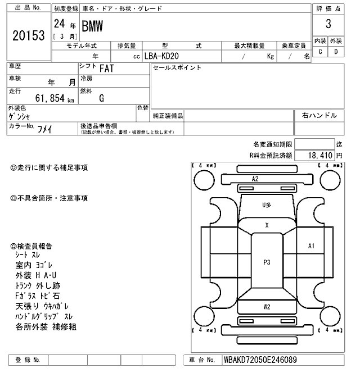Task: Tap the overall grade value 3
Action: pyautogui.click(x=328, y=24)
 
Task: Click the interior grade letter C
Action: pyautogui.click(x=321, y=52)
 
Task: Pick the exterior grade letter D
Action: pyautogui.click(x=336, y=52)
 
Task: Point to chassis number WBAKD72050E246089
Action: pyautogui.click(x=260, y=360)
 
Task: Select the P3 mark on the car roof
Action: pyautogui.click(x=267, y=262)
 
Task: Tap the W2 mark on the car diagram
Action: pyautogui.click(x=267, y=306)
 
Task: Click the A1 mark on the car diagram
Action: pyautogui.click(x=311, y=245)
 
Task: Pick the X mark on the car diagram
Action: pyautogui.click(x=267, y=225)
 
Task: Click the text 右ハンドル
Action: pyautogui.click(x=319, y=115)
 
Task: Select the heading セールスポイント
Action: pyautogui.click(x=177, y=68)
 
